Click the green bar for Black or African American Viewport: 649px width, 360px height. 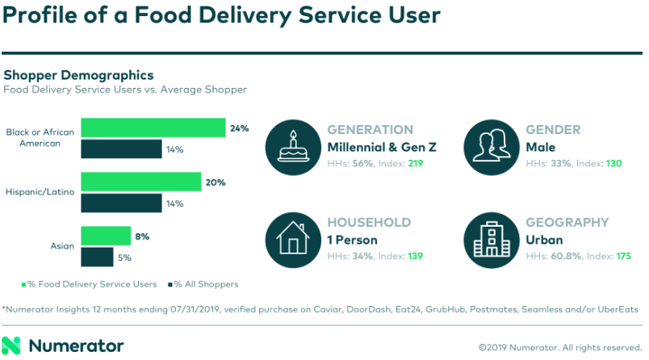coord(153,128)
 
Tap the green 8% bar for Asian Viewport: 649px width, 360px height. coord(106,236)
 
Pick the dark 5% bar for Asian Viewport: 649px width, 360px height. coord(97,257)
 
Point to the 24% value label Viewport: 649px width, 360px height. coord(239,128)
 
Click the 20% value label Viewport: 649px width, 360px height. coord(215,182)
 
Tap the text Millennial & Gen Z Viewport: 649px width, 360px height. coord(382,147)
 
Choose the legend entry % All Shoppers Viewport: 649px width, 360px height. coord(204,283)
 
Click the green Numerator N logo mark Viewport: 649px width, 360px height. coord(13,345)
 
